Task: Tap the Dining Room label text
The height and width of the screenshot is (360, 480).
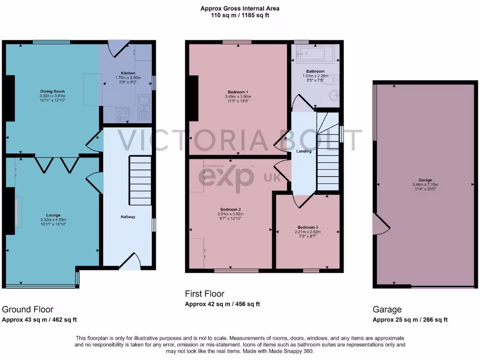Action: [52, 91]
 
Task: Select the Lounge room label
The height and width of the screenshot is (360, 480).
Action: [53, 215]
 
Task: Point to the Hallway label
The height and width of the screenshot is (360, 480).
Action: [127, 217]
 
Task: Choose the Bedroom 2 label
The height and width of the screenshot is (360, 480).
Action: [230, 209]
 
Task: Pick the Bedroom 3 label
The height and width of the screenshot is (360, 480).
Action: [307, 227]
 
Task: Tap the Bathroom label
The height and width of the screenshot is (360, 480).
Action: [315, 71]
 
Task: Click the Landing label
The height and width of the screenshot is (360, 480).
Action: [304, 151]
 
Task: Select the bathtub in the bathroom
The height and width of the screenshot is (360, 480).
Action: [313, 54]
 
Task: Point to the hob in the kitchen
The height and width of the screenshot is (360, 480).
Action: [123, 113]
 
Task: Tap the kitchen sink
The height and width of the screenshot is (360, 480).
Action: [143, 99]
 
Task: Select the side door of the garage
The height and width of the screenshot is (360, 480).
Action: [381, 224]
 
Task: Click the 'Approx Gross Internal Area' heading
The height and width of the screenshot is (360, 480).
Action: [240, 8]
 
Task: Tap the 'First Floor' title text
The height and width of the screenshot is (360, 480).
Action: [204, 294]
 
